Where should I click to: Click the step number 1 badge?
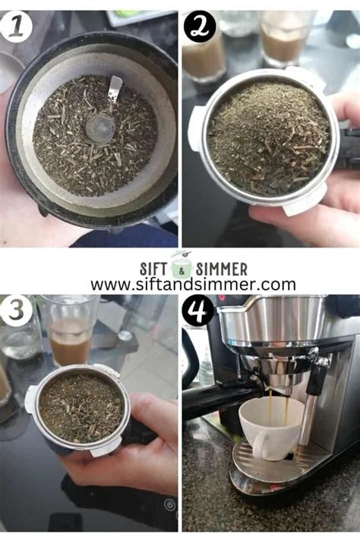coord(16,27)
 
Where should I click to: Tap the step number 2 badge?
coord(200,27)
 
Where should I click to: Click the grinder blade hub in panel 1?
coord(99,128)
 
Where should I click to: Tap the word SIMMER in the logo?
coord(221,269)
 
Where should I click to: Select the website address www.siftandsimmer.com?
coord(193,285)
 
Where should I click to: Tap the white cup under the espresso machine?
coord(270,429)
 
